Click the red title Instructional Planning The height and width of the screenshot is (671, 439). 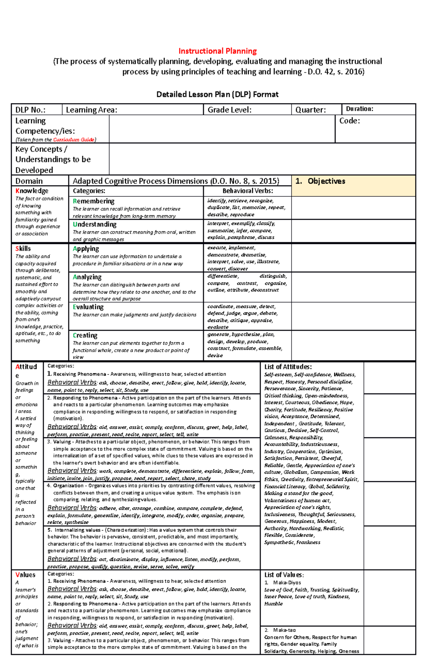[x=217, y=51]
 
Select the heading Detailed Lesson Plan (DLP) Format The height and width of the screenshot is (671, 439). [x=217, y=94]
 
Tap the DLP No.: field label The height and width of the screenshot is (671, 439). [x=30, y=110]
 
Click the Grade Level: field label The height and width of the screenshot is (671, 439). [x=229, y=110]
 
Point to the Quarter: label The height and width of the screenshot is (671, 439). [x=310, y=110]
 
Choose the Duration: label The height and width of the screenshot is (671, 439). [x=359, y=109]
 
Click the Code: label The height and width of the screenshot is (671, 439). [x=349, y=121]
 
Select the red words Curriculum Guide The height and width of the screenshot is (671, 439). [x=74, y=140]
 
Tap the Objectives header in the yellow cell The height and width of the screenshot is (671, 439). [x=326, y=181]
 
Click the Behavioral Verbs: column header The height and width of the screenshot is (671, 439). [x=248, y=191]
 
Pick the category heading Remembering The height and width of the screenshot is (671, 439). [x=94, y=201]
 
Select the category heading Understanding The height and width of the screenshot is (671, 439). [x=95, y=224]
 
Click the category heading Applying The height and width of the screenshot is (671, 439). [x=86, y=249]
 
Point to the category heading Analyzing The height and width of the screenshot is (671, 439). [x=87, y=277]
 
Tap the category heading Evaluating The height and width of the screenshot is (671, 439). [x=88, y=307]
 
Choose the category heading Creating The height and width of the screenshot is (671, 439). [x=85, y=335]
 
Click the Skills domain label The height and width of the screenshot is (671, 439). [x=23, y=249]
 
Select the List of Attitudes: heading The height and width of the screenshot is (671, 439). [x=288, y=367]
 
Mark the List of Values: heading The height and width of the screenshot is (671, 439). [x=284, y=575]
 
